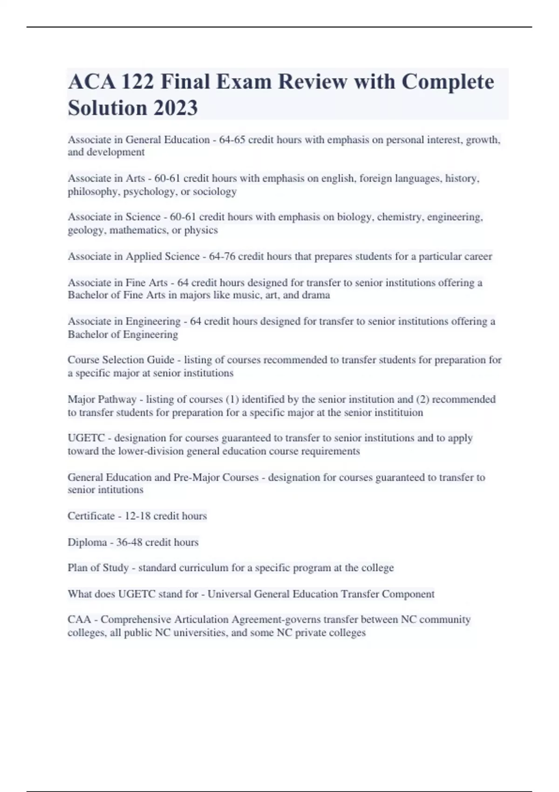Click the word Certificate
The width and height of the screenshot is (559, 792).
coord(91,516)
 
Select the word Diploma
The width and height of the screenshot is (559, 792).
coord(87,542)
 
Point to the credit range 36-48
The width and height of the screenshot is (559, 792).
coord(129,542)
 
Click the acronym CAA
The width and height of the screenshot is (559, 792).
coord(79,620)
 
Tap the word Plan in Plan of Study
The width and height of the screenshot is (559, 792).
coord(76,568)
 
